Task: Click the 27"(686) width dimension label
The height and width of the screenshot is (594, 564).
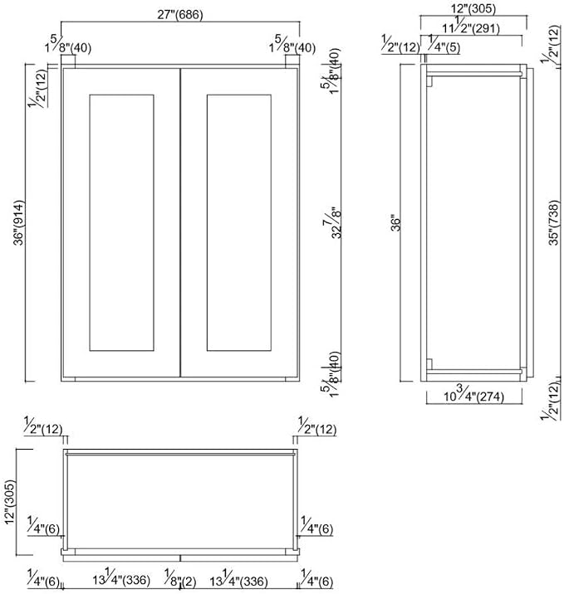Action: point(180,15)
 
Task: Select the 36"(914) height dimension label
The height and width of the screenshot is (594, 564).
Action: point(18,222)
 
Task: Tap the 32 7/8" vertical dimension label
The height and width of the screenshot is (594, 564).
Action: point(332,222)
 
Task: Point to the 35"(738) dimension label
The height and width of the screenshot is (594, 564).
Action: point(554,222)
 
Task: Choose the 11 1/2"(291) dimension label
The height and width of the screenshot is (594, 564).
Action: point(471,27)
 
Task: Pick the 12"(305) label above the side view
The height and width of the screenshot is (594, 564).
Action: point(473,8)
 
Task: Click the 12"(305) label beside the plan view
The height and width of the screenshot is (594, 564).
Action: point(9,502)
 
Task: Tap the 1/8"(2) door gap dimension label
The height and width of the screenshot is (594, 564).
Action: point(180,581)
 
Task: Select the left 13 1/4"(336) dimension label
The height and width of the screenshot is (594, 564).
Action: point(121,577)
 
